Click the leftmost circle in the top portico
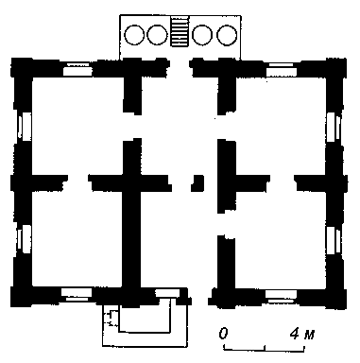(x=134, y=35)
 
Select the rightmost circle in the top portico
(x=227, y=35)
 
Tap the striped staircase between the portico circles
(x=180, y=31)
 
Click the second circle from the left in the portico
(x=157, y=35)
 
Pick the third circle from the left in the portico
(x=202, y=35)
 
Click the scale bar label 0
(x=223, y=334)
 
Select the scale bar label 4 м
(x=302, y=334)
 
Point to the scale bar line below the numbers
(x=264, y=348)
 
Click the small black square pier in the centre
(x=197, y=183)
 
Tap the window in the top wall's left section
(x=77, y=70)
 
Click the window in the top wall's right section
(x=282, y=71)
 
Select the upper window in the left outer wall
(x=25, y=126)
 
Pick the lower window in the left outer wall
(x=25, y=238)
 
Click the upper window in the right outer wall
(x=334, y=127)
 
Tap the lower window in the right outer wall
(x=334, y=240)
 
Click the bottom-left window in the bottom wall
(x=77, y=295)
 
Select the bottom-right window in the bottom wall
(x=281, y=297)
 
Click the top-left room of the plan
(x=77, y=126)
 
